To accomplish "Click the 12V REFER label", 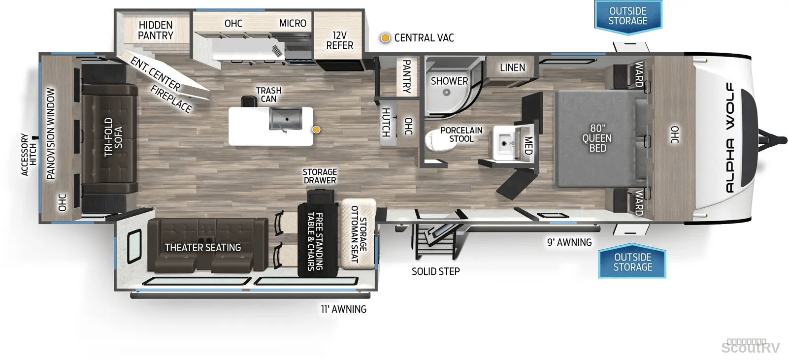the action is (x=339, y=40).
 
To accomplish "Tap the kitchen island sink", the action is (x=286, y=119).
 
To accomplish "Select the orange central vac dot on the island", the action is (x=317, y=130).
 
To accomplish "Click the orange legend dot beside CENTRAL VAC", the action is (x=386, y=37).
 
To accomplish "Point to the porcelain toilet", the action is (x=437, y=140).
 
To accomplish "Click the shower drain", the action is (x=446, y=93).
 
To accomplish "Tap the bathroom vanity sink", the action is (x=504, y=143).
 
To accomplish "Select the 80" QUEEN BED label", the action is (x=597, y=138).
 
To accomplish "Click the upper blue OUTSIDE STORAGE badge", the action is (x=628, y=17).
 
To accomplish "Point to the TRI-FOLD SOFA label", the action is (x=113, y=137).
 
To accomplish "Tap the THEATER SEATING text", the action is (x=203, y=248).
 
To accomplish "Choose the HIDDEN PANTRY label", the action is (x=156, y=30).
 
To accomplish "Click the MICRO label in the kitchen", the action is (x=293, y=23).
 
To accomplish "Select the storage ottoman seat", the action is (x=358, y=233).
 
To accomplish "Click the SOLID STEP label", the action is (x=436, y=271).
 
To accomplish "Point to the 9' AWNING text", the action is (x=569, y=242).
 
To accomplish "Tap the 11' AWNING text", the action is (x=344, y=309).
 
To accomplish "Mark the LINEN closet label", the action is (x=513, y=67).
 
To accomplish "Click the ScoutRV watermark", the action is (x=751, y=347).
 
